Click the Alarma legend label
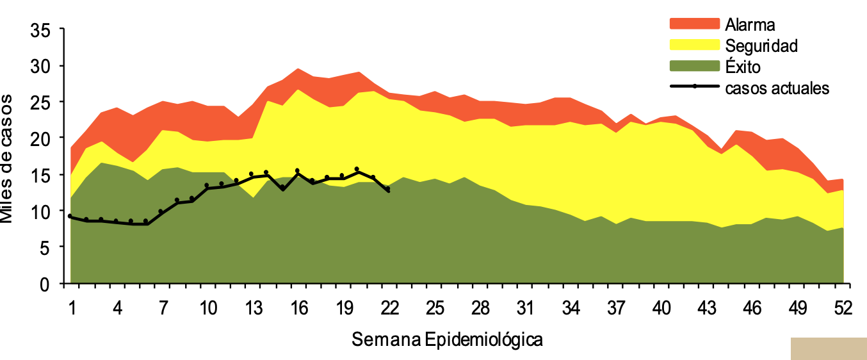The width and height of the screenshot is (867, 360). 750,25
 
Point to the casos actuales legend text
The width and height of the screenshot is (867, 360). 777,88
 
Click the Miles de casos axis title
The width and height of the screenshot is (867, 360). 8,158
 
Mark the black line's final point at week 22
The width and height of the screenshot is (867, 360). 388,190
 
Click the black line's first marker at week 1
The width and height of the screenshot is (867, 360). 70,217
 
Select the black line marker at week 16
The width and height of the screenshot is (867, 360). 297,171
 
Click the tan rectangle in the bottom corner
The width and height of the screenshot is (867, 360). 829,348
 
